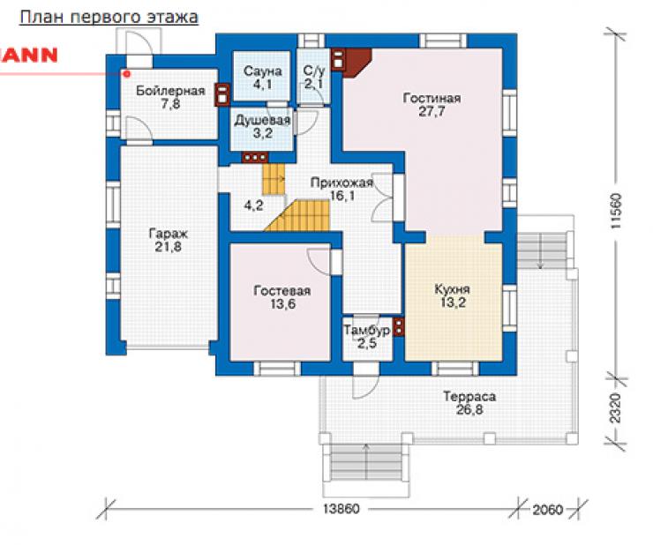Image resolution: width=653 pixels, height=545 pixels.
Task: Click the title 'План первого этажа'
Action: click(x=109, y=18)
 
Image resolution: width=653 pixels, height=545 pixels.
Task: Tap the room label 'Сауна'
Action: click(x=262, y=71)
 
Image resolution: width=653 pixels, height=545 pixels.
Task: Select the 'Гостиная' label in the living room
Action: click(x=432, y=98)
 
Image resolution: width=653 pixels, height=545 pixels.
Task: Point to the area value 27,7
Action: click(x=432, y=112)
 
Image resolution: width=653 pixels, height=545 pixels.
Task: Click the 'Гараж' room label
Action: click(x=169, y=234)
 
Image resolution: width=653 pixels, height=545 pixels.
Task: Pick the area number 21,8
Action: click(x=169, y=247)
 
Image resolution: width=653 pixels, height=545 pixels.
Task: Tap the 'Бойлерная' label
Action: click(x=170, y=91)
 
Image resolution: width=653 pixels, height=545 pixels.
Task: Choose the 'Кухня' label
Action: click(x=453, y=289)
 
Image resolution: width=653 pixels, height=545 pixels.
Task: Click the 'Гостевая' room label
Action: click(x=282, y=291)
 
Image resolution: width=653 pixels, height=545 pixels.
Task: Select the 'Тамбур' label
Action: click(x=367, y=330)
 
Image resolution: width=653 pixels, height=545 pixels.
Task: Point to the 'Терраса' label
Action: click(x=469, y=396)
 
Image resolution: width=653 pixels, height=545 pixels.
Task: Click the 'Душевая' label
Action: click(x=262, y=121)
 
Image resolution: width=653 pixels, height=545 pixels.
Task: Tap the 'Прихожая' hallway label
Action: click(x=342, y=183)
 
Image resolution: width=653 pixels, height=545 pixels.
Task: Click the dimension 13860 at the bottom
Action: click(x=342, y=509)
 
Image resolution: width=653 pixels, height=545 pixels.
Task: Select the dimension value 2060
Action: click(x=548, y=509)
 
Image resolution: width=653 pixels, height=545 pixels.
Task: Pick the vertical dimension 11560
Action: click(x=616, y=210)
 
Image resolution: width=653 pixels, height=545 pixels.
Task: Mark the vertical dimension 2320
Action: click(x=616, y=408)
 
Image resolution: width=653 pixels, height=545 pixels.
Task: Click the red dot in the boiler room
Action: click(x=128, y=74)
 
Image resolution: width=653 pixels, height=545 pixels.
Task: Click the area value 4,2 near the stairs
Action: click(x=253, y=205)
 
